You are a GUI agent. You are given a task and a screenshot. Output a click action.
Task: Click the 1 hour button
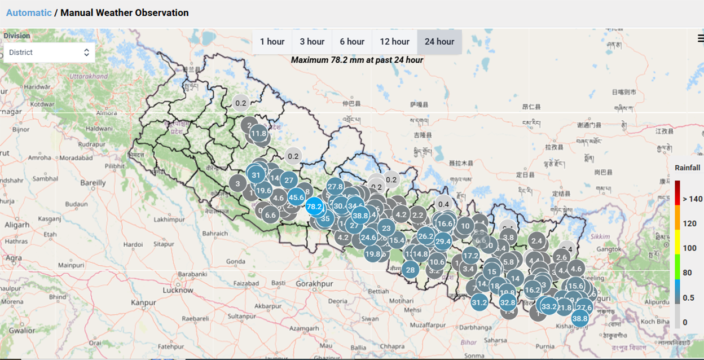(272, 42)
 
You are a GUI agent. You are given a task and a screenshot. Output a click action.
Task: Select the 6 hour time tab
(352, 42)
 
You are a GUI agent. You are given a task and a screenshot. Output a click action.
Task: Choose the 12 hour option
(394, 42)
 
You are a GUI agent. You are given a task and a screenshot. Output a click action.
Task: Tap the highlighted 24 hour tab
(439, 42)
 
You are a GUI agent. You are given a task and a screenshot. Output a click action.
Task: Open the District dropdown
(49, 52)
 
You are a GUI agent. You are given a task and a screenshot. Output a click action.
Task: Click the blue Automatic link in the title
(29, 12)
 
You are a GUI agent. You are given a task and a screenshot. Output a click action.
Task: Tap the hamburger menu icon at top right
(700, 38)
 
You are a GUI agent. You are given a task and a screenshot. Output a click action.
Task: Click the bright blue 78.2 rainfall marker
(314, 207)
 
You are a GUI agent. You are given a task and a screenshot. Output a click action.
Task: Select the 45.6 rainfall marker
(296, 197)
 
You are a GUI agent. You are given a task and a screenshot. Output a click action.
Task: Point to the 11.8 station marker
(258, 134)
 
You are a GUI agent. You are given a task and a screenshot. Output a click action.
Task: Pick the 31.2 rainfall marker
(479, 302)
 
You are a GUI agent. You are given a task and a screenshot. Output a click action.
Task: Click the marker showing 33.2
(549, 306)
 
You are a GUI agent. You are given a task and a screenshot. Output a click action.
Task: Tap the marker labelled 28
(410, 269)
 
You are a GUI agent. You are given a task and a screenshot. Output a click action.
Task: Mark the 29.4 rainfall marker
(443, 242)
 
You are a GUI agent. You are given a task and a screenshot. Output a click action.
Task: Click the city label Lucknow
(178, 290)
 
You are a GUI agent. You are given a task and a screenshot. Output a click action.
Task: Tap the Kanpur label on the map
(143, 302)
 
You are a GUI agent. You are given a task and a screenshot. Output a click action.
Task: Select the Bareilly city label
(93, 183)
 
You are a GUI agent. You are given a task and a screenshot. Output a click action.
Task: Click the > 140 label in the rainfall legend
(692, 199)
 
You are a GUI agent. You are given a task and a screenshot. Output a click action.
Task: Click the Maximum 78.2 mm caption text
(357, 60)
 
